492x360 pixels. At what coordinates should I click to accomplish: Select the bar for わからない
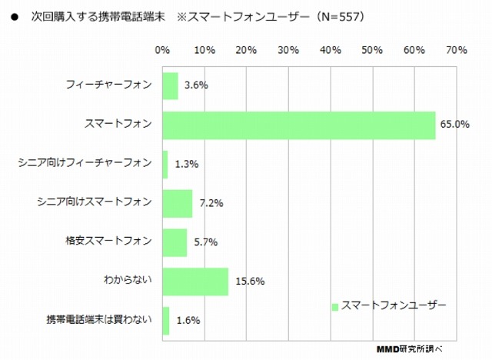(195, 282)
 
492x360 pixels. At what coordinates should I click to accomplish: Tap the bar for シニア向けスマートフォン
(177, 203)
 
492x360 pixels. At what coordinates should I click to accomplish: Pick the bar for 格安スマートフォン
(175, 242)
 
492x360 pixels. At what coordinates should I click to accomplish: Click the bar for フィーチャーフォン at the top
(170, 85)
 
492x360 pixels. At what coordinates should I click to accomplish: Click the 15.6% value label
(249, 282)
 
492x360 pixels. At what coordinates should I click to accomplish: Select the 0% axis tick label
(162, 51)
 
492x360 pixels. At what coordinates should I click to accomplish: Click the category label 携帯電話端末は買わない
(100, 320)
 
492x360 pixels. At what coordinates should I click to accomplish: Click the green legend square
(334, 306)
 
